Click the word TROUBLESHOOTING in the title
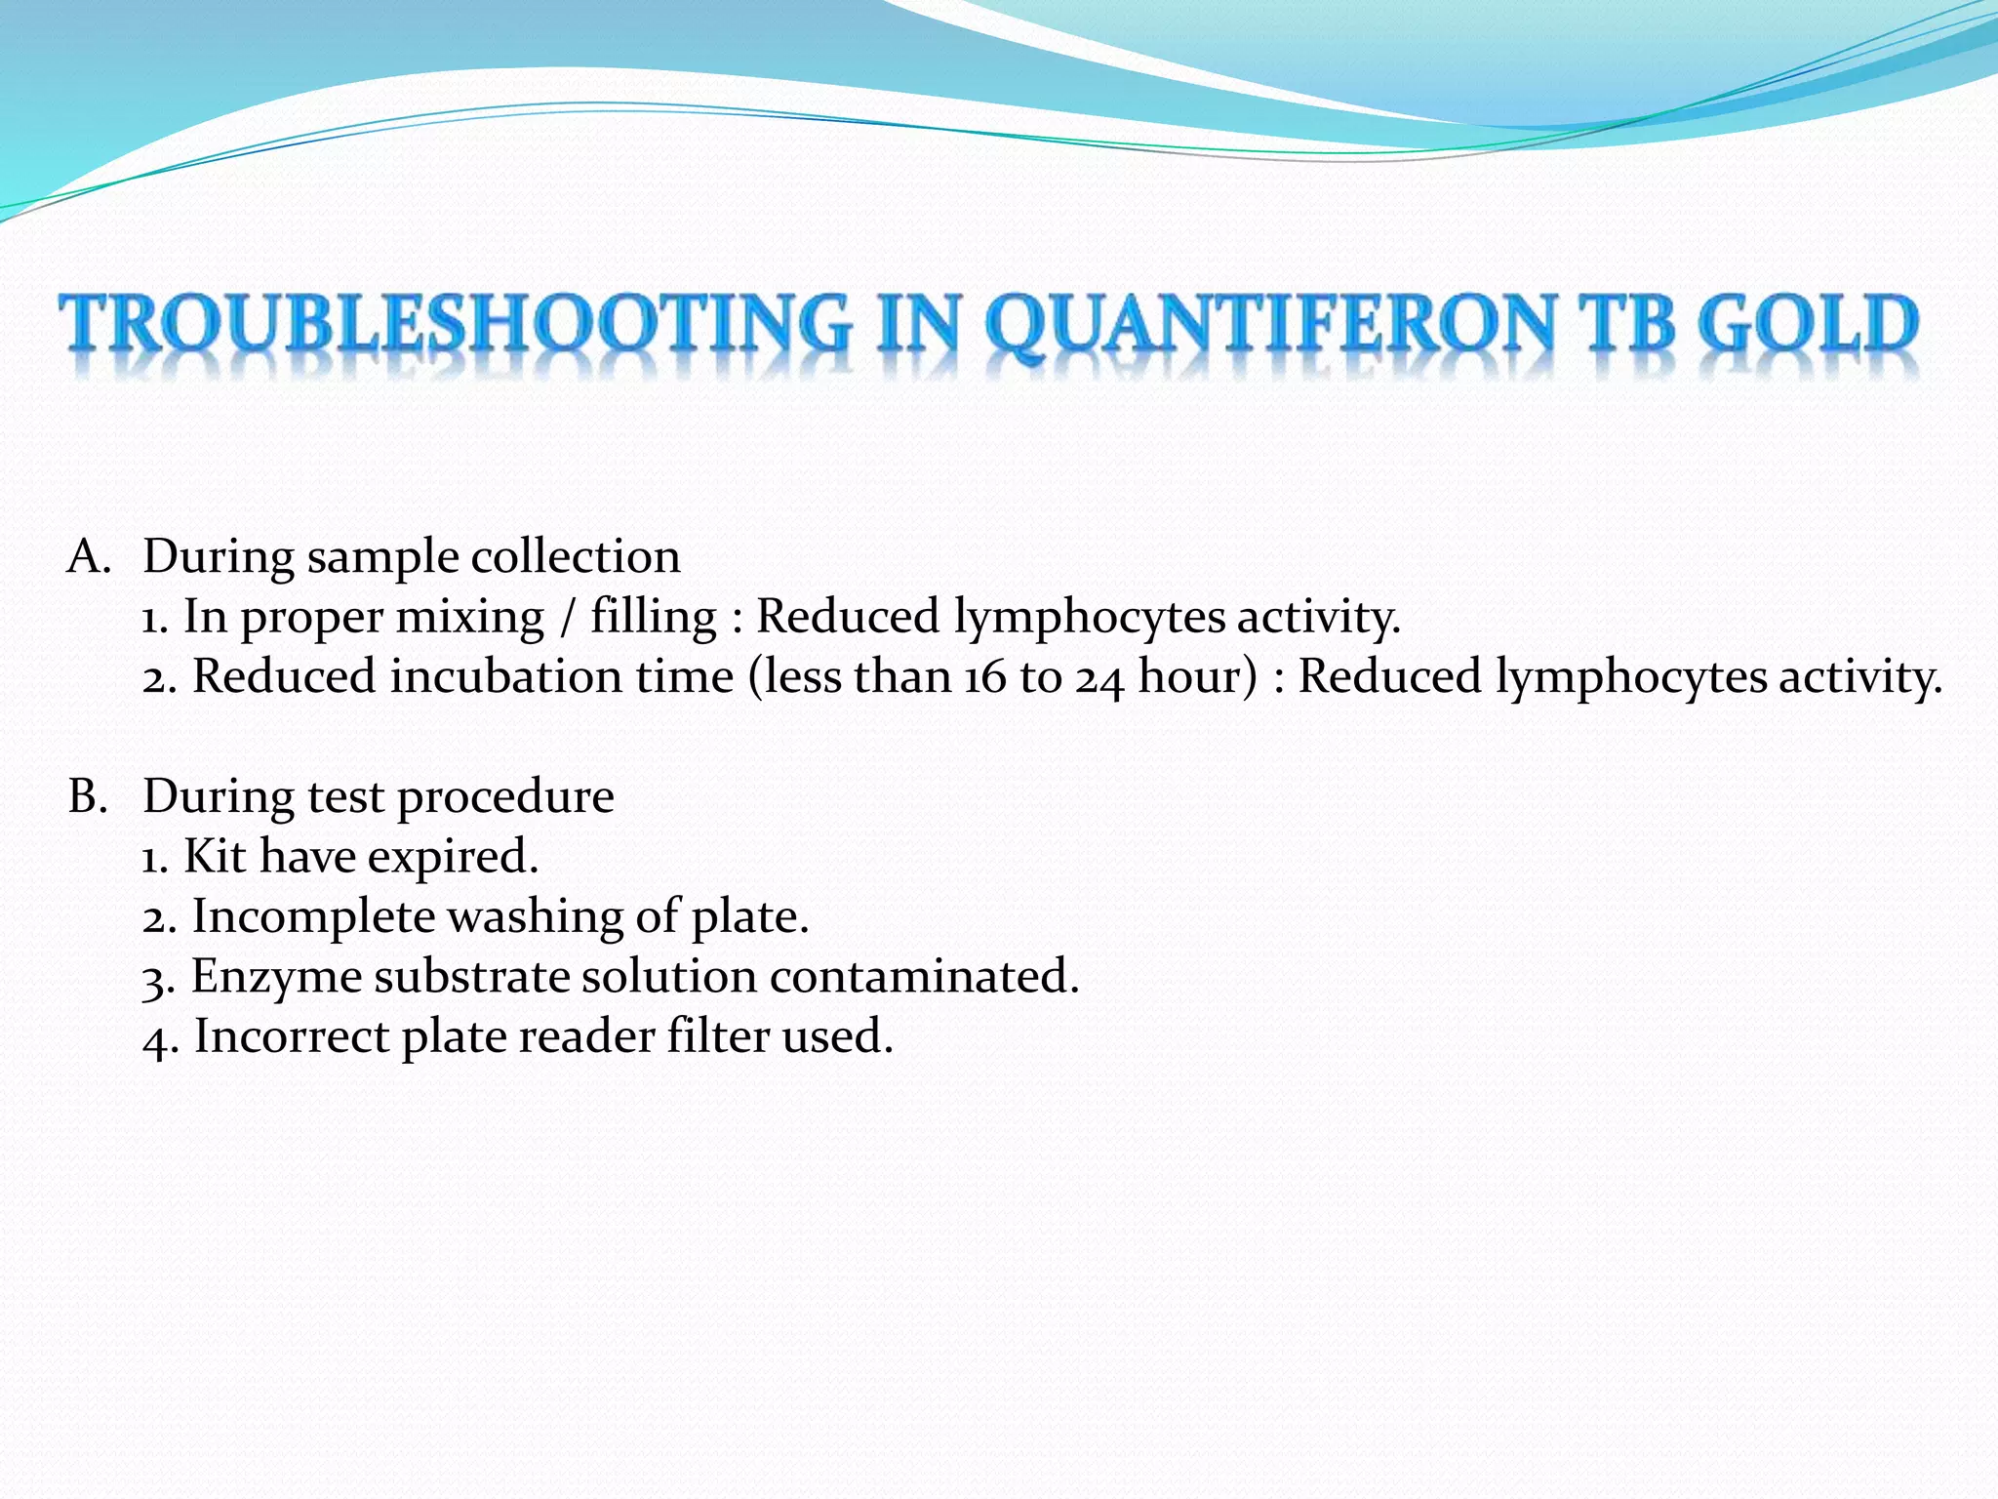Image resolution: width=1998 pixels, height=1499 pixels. [x=455, y=324]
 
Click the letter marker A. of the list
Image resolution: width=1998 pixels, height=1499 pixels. [x=89, y=557]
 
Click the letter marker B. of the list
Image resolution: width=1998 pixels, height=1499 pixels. [x=87, y=796]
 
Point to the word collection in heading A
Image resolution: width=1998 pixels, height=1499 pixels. [x=576, y=557]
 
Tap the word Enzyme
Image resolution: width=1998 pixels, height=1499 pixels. [x=276, y=978]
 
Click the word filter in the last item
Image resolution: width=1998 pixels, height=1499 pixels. [x=718, y=1036]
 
